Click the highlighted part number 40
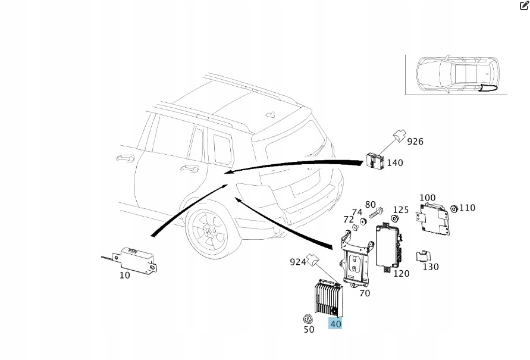point(335,324)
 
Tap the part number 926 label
point(415,142)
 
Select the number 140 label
point(395,162)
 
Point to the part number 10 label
point(125,275)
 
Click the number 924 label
point(297,261)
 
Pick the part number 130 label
point(431,267)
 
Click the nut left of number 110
point(453,208)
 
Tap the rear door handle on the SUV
point(189,168)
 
